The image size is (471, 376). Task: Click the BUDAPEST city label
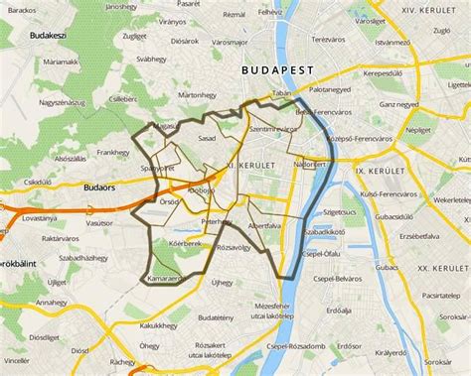pos(278,69)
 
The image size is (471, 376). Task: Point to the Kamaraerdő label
pos(166,281)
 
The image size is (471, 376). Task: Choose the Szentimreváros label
pos(274,129)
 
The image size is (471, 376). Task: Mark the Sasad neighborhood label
pos(207,138)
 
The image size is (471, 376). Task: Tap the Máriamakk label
pos(60,62)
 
